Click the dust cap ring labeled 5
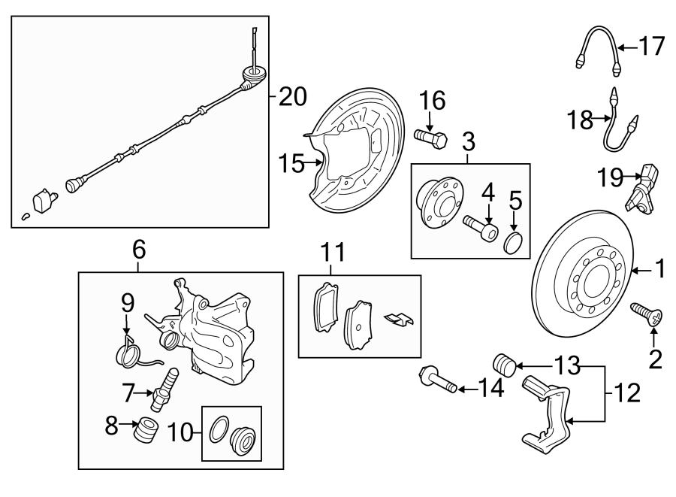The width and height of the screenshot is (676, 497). (x=513, y=243)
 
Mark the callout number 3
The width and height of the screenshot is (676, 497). (x=469, y=141)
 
